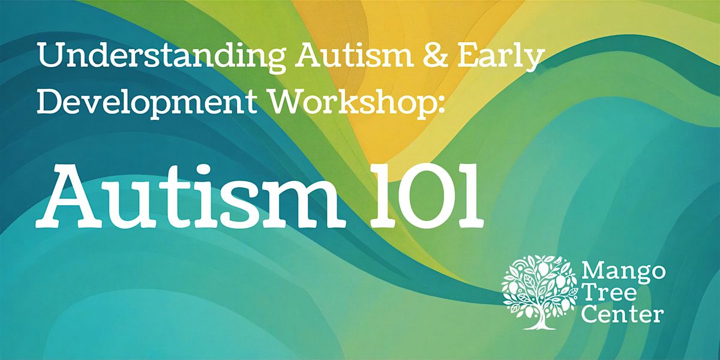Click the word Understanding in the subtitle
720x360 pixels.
tap(161, 57)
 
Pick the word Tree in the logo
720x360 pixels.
tap(609, 293)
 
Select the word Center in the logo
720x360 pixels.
tap(622, 314)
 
